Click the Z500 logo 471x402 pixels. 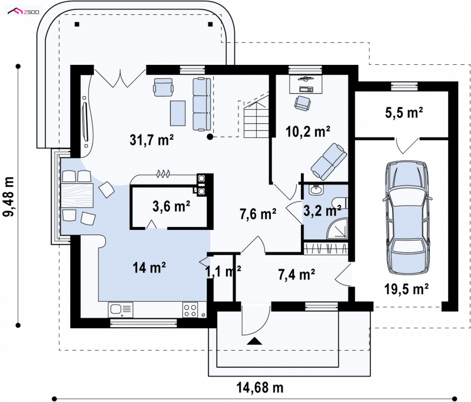pos(24,12)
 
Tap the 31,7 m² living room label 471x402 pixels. pos(152,140)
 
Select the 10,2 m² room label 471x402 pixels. pos(308,131)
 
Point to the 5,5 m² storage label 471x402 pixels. pos(404,113)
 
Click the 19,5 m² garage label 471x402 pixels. pos(406,289)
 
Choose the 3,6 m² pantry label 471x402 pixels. pos(171,206)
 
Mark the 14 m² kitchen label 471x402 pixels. pos(150,267)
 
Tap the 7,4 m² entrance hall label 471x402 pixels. pos(297,275)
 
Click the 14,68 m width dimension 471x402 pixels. pos(260,388)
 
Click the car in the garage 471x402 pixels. pos(407,218)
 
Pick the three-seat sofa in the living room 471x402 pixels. pos(201,104)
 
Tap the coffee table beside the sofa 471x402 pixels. pos(178,113)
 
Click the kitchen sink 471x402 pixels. pos(121,309)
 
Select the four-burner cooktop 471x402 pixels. pos(190,310)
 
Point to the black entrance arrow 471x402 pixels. pos(255,341)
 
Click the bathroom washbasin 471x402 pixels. pos(316,190)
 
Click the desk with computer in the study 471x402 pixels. pos(306,84)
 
